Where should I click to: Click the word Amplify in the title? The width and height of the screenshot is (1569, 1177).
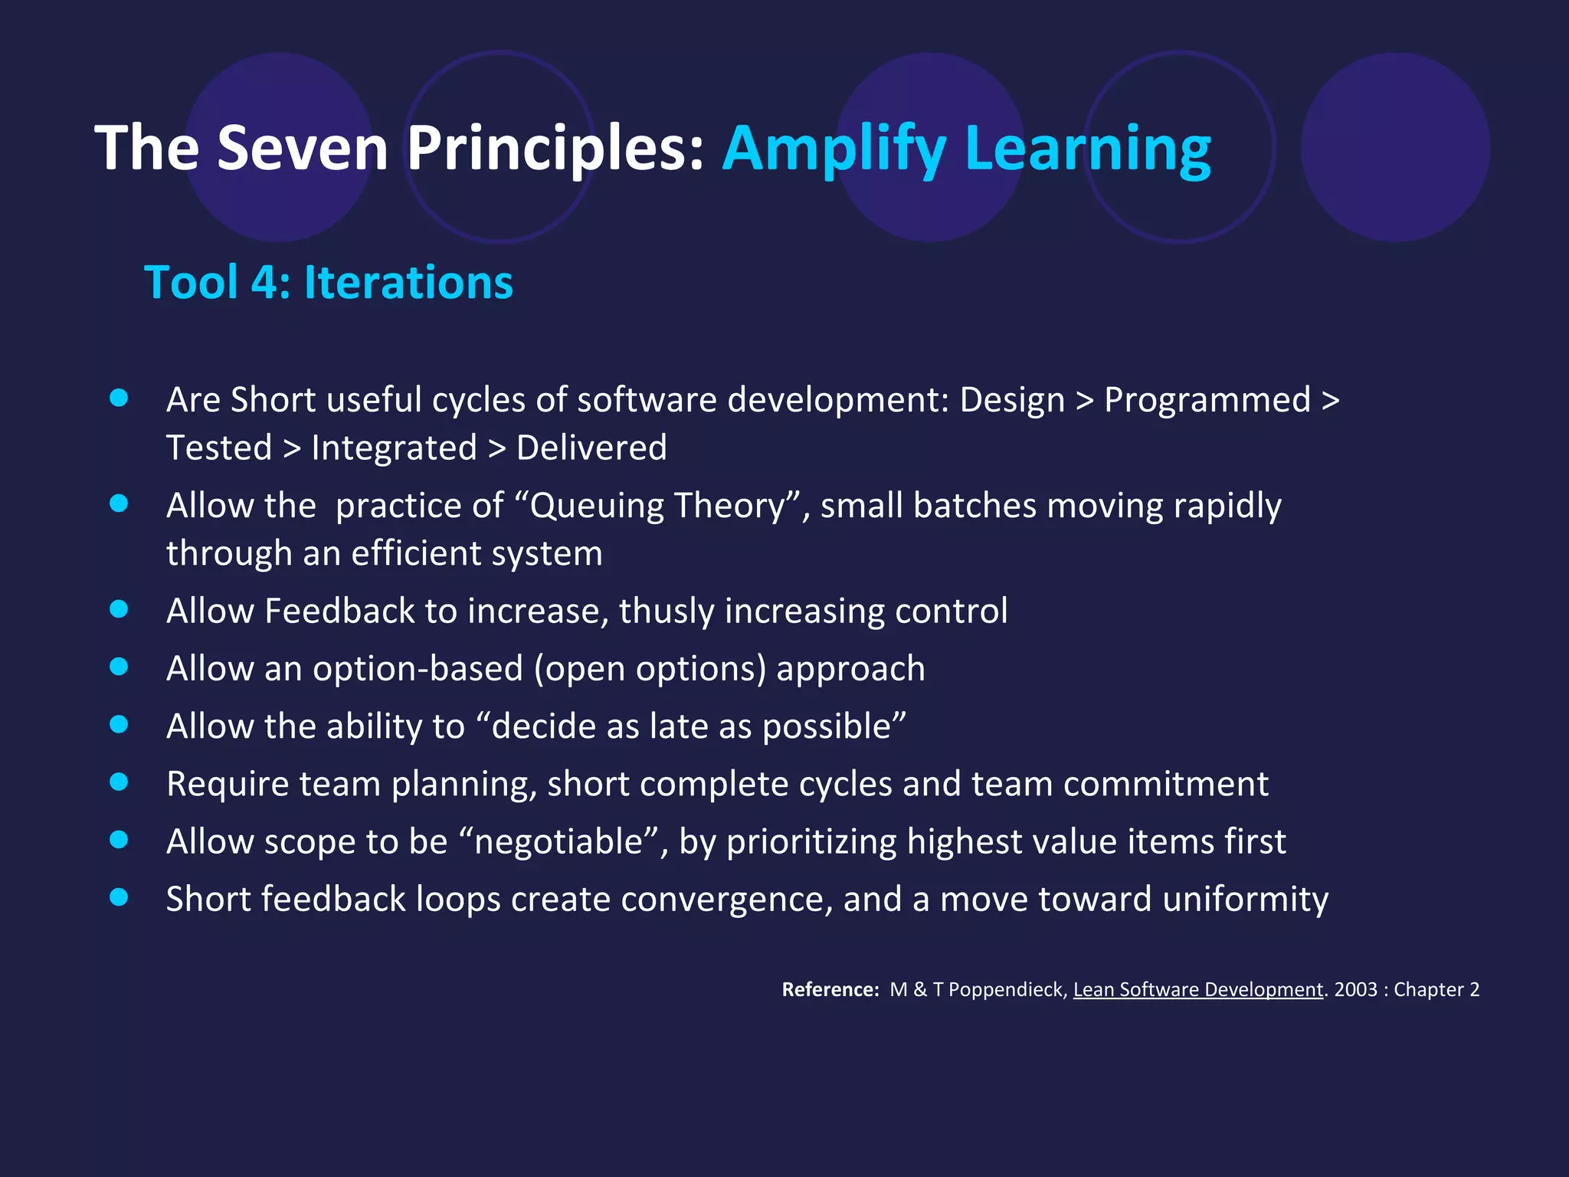pyautogui.click(x=834, y=149)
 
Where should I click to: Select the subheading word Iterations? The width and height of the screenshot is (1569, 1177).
pyautogui.click(x=408, y=283)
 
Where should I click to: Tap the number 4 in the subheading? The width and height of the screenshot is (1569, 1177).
pyautogui.click(x=264, y=283)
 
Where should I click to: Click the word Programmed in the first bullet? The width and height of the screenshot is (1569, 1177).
pyautogui.click(x=1207, y=400)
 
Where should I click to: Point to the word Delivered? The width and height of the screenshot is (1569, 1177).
pyautogui.click(x=591, y=448)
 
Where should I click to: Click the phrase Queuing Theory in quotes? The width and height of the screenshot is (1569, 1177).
pyautogui.click(x=657, y=506)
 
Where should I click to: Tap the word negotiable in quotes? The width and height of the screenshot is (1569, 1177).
pyautogui.click(x=558, y=841)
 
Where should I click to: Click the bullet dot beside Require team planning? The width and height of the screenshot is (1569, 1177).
pyautogui.click(x=119, y=782)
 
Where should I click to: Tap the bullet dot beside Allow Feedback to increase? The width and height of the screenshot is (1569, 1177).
pyautogui.click(x=119, y=609)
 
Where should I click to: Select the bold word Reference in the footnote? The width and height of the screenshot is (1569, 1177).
pyautogui.click(x=829, y=990)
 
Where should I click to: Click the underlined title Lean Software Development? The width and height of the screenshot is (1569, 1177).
pyautogui.click(x=1197, y=990)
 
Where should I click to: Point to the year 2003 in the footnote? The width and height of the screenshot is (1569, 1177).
pyautogui.click(x=1355, y=990)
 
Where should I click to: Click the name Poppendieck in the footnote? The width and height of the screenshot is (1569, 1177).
pyautogui.click(x=1007, y=990)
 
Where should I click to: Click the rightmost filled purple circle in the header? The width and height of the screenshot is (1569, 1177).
pyautogui.click(x=1395, y=147)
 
